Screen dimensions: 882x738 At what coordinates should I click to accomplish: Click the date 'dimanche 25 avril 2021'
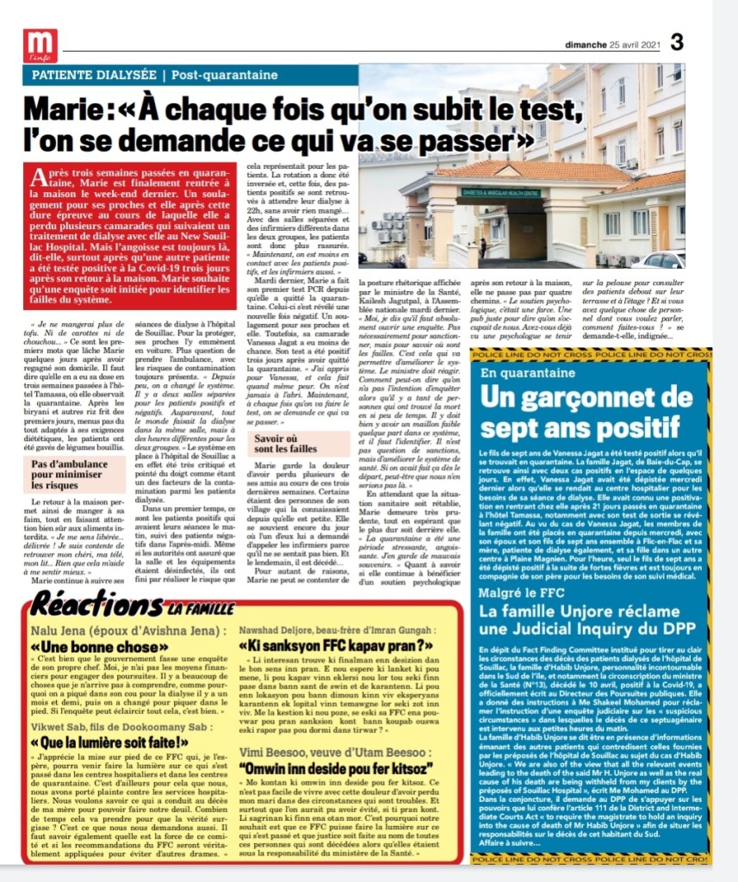click(612, 43)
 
